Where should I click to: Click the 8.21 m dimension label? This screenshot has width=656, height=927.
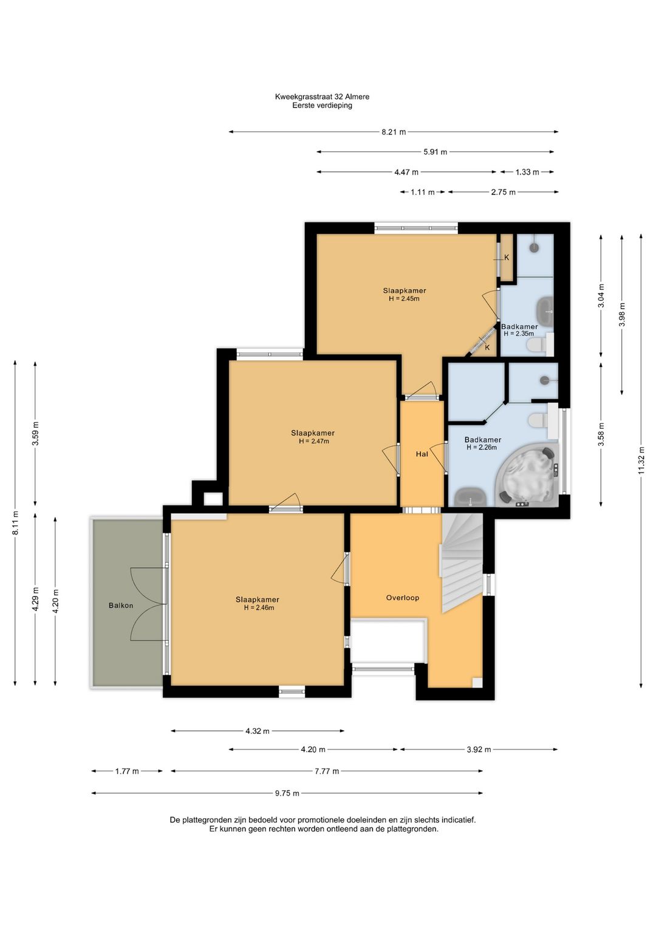tap(393, 132)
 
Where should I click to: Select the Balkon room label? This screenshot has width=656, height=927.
tap(121, 606)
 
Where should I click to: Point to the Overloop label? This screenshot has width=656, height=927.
tap(402, 598)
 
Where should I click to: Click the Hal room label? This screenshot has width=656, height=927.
tap(422, 454)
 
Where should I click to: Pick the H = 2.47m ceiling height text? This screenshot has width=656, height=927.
tap(313, 441)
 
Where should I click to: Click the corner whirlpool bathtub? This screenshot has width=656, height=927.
tap(528, 475)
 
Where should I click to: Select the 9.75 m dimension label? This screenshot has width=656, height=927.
tap(287, 793)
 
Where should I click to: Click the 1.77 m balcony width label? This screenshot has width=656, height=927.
tap(127, 771)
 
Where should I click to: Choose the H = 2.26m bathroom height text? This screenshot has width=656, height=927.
tap(481, 447)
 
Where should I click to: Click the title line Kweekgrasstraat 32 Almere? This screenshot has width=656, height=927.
tap(322, 97)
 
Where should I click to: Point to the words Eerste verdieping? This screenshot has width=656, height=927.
tap(322, 106)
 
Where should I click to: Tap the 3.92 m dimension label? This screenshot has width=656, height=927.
tap(479, 750)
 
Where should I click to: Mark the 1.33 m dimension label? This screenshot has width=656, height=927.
tap(527, 172)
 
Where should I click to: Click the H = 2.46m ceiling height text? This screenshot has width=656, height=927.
tap(259, 607)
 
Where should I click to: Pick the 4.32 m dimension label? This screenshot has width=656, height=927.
tap(257, 731)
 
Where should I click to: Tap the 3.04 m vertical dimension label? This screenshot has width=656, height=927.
tap(601, 295)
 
